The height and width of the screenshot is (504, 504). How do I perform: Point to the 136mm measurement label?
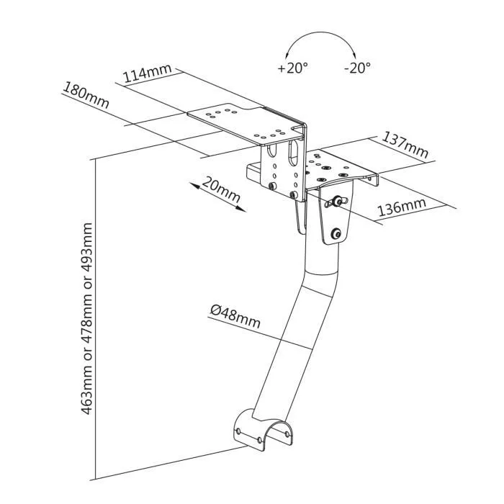coord(402,207)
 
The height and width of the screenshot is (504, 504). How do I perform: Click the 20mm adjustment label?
coord(221,189)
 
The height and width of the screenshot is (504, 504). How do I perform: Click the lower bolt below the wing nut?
coord(336,233)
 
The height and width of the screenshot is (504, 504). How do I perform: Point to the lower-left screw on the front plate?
coord(271,186)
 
